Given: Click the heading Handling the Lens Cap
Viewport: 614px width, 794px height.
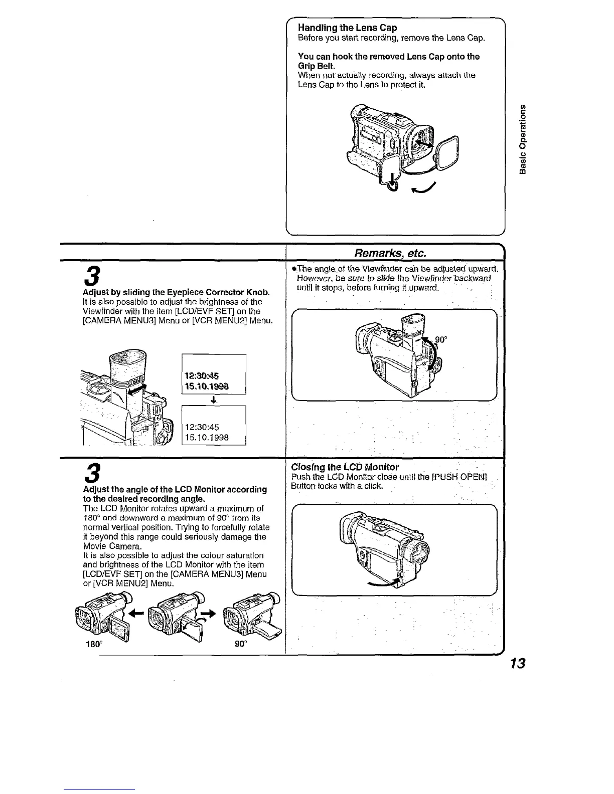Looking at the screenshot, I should (x=347, y=28).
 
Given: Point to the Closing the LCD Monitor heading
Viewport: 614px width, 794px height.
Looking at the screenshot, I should (x=345, y=467).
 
